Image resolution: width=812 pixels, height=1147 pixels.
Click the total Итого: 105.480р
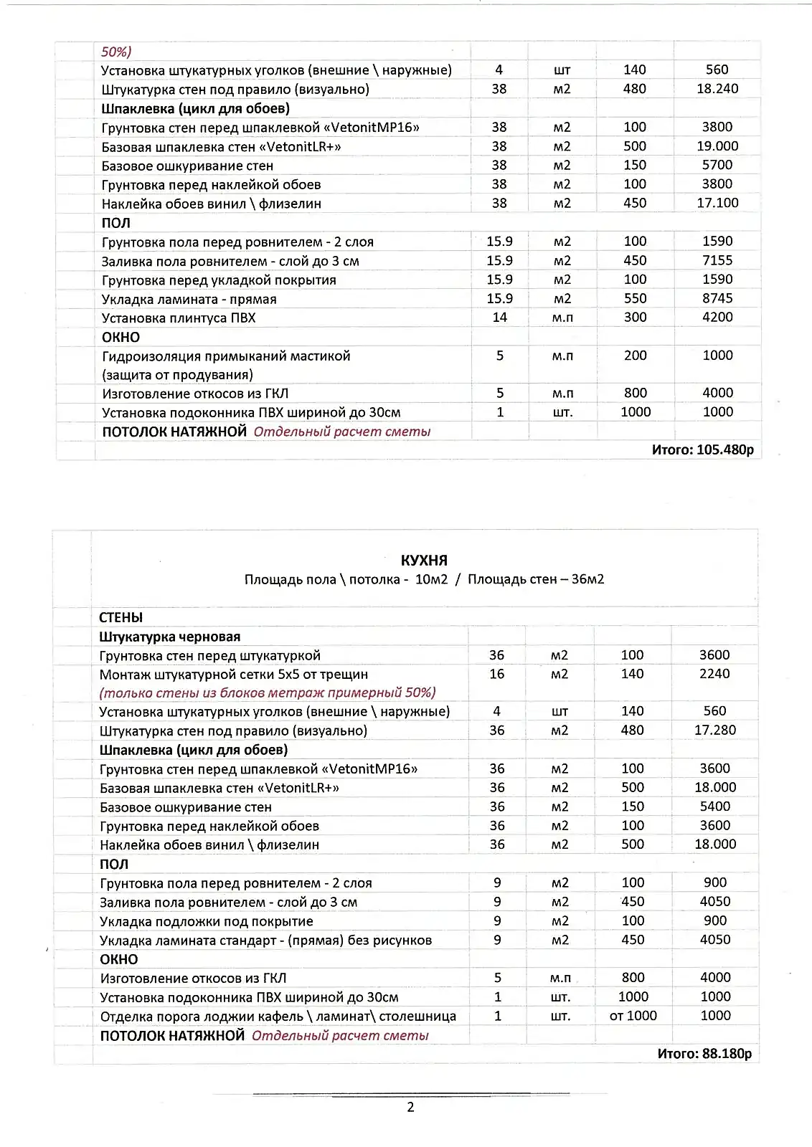pos(702,450)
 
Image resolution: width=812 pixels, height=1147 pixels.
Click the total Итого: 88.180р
pos(704,1054)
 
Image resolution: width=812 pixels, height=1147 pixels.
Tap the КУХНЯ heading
pos(424,561)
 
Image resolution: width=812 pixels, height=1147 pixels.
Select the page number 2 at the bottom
pos(410,1108)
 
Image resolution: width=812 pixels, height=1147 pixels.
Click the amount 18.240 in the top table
pos(717,89)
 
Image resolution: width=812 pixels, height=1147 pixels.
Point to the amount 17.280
pos(714,730)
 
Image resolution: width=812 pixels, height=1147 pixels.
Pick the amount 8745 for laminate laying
pos(717,299)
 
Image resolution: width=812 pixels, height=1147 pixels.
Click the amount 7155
pos(717,261)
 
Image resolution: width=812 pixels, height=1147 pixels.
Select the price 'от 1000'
pos(633,1016)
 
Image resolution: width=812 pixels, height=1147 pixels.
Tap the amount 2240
pos(714,674)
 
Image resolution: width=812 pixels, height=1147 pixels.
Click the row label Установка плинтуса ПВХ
pos(179,318)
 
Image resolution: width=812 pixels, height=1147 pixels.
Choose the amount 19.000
pos(717,146)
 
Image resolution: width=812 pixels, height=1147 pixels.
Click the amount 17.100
pos(717,204)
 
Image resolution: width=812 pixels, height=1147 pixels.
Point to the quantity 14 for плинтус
pos(499,318)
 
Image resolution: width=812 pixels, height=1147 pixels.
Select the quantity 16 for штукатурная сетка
pos(496,674)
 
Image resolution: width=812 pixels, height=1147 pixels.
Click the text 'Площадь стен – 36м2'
pos(535,579)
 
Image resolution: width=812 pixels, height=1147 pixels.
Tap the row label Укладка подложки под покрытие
pos(207,921)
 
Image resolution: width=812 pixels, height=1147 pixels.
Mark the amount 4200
pos(717,318)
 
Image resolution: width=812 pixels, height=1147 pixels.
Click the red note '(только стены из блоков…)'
pos(268,693)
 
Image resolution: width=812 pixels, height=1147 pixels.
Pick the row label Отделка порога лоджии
pos(278,1017)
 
